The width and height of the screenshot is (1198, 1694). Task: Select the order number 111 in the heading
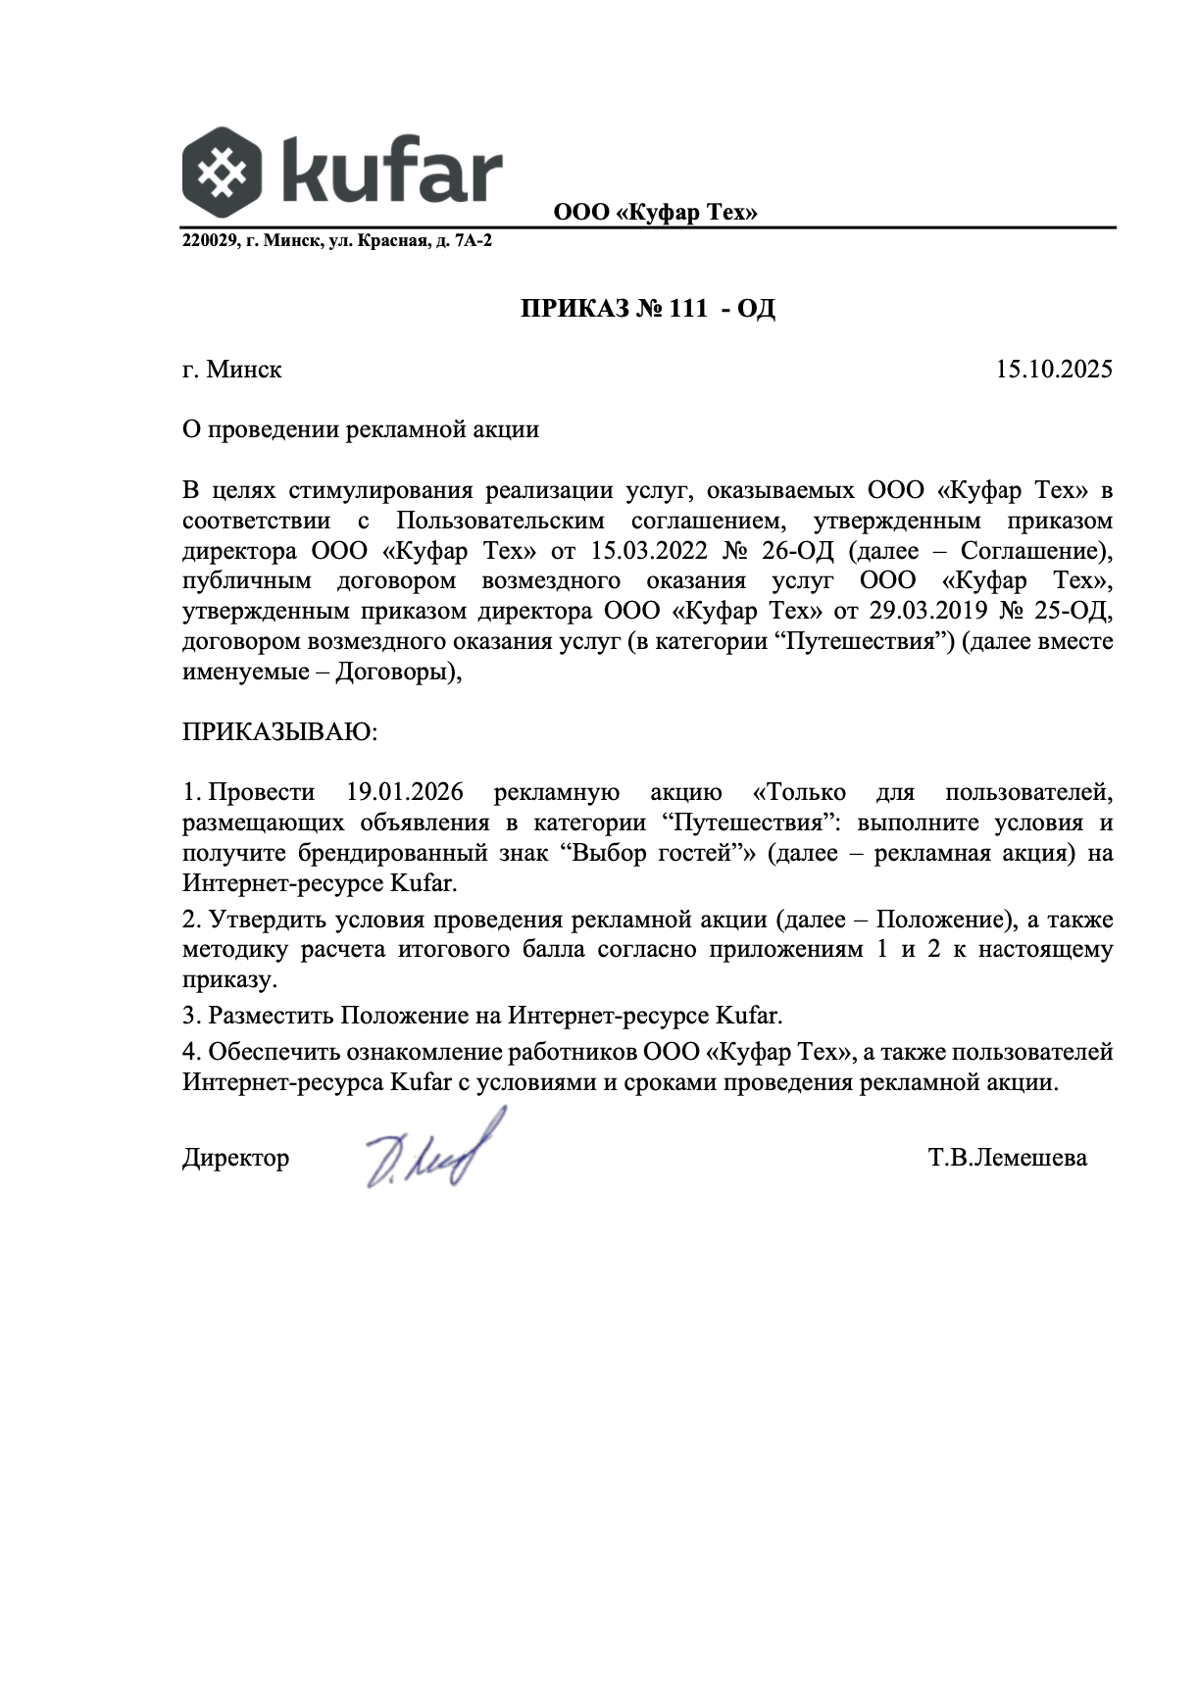pos(688,309)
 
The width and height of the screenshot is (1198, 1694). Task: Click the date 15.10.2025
pos(1054,370)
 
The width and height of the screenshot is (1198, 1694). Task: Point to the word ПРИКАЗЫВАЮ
pos(279,732)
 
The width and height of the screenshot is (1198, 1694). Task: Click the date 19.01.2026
pos(405,792)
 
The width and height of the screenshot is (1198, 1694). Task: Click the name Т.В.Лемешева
pos(1007,1158)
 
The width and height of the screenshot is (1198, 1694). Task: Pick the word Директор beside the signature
pos(235,1158)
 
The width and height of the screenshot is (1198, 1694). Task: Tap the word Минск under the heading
pos(244,370)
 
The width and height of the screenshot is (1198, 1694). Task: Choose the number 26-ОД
pos(797,551)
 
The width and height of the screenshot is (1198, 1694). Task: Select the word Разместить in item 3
pos(271,1015)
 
